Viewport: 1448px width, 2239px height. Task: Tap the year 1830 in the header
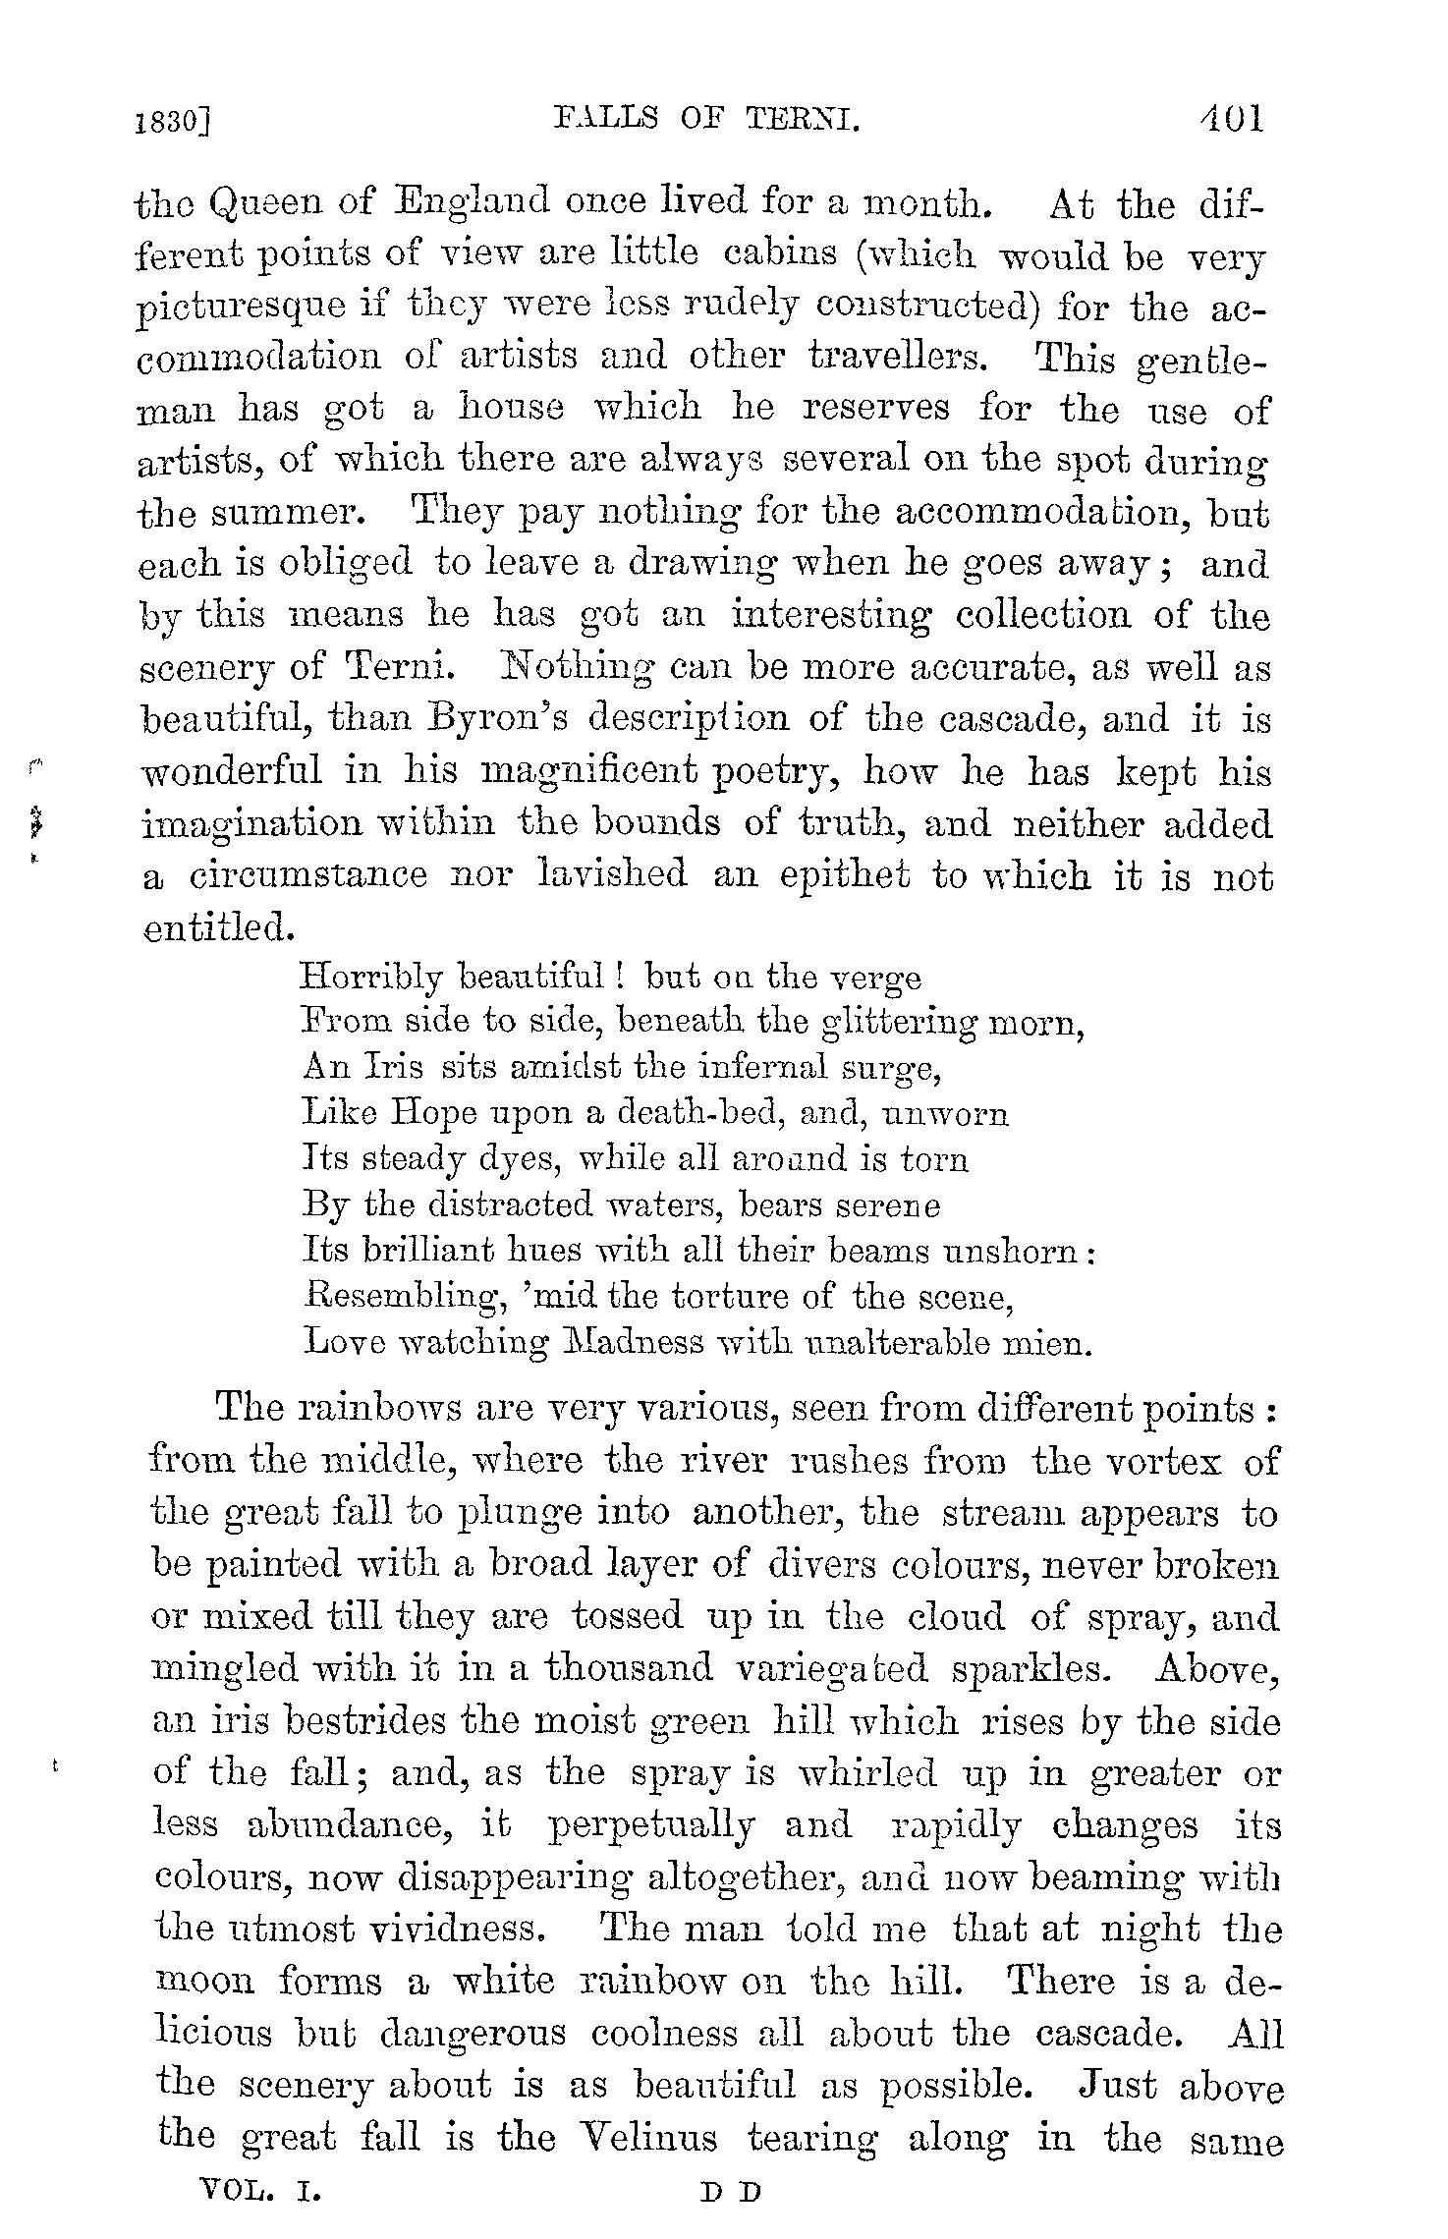(x=174, y=122)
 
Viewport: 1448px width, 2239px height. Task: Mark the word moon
(x=203, y=1983)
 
